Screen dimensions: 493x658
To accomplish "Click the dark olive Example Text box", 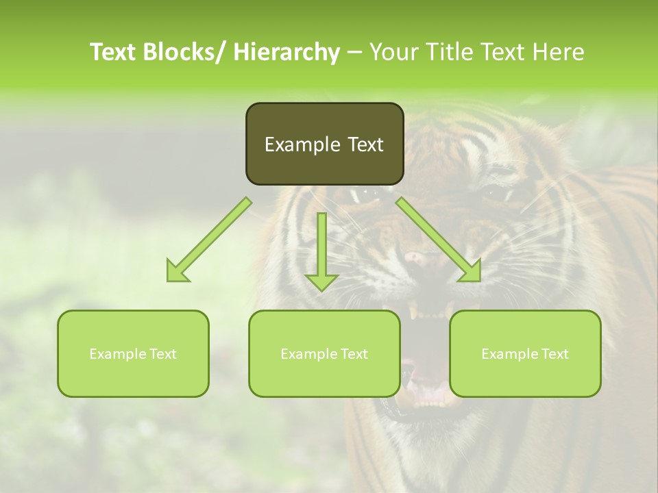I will tap(324, 144).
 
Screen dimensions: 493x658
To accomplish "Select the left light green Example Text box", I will tap(133, 353).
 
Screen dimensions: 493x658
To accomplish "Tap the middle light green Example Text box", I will tap(324, 353).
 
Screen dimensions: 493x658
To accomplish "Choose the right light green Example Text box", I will tap(525, 353).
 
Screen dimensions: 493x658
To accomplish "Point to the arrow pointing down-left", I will tap(209, 240).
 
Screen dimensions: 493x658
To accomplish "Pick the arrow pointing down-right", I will tap(439, 240).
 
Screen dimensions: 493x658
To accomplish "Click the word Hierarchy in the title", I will tap(287, 52).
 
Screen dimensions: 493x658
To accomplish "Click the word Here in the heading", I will tap(560, 52).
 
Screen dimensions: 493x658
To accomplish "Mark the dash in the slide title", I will tap(354, 52).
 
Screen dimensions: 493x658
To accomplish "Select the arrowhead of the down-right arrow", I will tap(470, 272).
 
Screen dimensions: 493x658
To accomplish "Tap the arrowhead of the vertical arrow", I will tap(321, 281).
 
